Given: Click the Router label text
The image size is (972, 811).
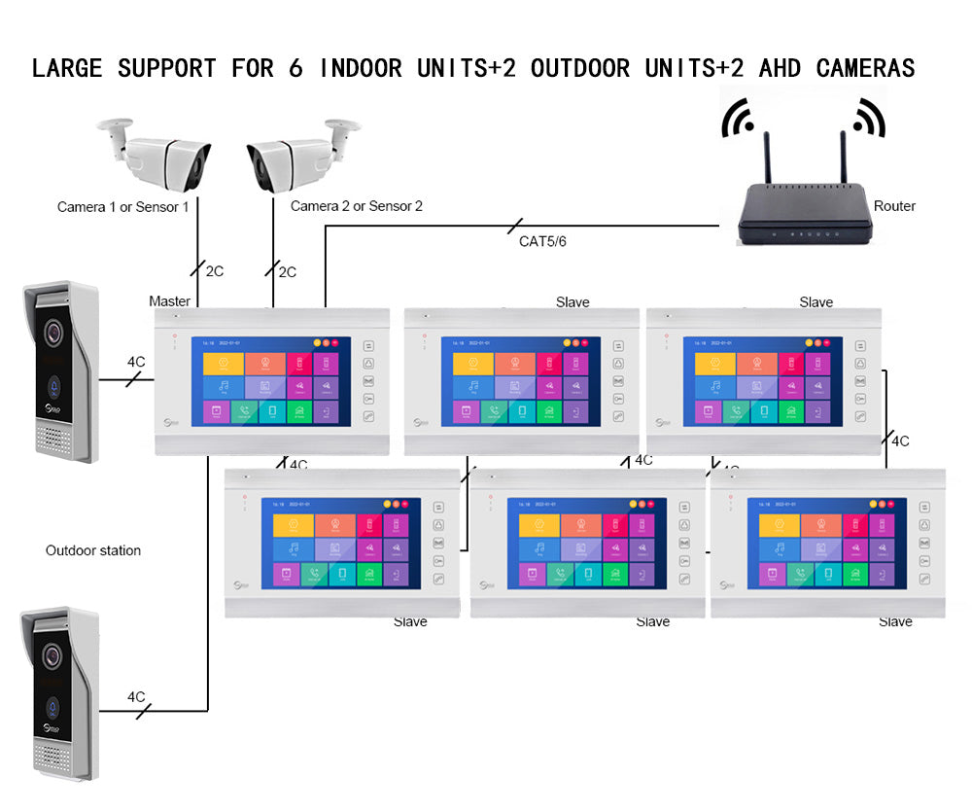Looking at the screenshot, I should pyautogui.click(x=894, y=206).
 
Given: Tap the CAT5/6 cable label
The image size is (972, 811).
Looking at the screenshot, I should pyautogui.click(x=542, y=241).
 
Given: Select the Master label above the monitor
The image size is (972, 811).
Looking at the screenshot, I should pyautogui.click(x=169, y=301).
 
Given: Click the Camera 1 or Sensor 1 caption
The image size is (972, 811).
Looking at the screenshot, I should pyautogui.click(x=123, y=207).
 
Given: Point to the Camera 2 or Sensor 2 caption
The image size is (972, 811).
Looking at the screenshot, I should pyautogui.click(x=357, y=206).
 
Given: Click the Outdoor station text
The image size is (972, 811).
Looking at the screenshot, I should pyautogui.click(x=93, y=550).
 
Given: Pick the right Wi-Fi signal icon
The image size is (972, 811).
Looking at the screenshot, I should pyautogui.click(x=869, y=118).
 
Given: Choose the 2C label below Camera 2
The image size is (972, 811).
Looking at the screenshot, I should pyautogui.click(x=287, y=272).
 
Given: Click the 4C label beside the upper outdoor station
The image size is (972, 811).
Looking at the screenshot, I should pyautogui.click(x=136, y=362).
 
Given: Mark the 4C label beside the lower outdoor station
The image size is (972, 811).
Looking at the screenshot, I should pyautogui.click(x=136, y=696).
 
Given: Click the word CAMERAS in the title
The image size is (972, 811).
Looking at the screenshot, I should pyautogui.click(x=865, y=68).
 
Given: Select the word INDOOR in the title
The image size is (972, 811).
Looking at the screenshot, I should pyautogui.click(x=361, y=68).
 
